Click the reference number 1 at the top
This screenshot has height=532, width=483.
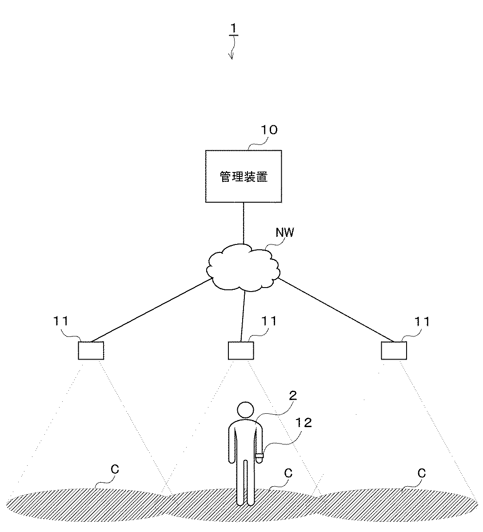pos(234,29)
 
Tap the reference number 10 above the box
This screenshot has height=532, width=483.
pos(268,130)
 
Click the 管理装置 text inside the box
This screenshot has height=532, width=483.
pos(243,177)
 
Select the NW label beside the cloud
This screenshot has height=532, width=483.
pos(285,232)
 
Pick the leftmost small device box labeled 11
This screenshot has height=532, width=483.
pos(91,350)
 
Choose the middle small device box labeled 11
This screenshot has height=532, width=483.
pos(241,350)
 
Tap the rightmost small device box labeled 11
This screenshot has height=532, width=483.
pos(394,350)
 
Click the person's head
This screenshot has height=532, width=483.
pos(245,410)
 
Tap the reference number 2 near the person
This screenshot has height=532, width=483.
pos(293,396)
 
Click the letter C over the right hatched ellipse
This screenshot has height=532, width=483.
pos(421,473)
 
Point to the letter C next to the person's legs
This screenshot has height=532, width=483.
pos(288,473)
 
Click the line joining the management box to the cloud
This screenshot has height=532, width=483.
pos(243,223)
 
